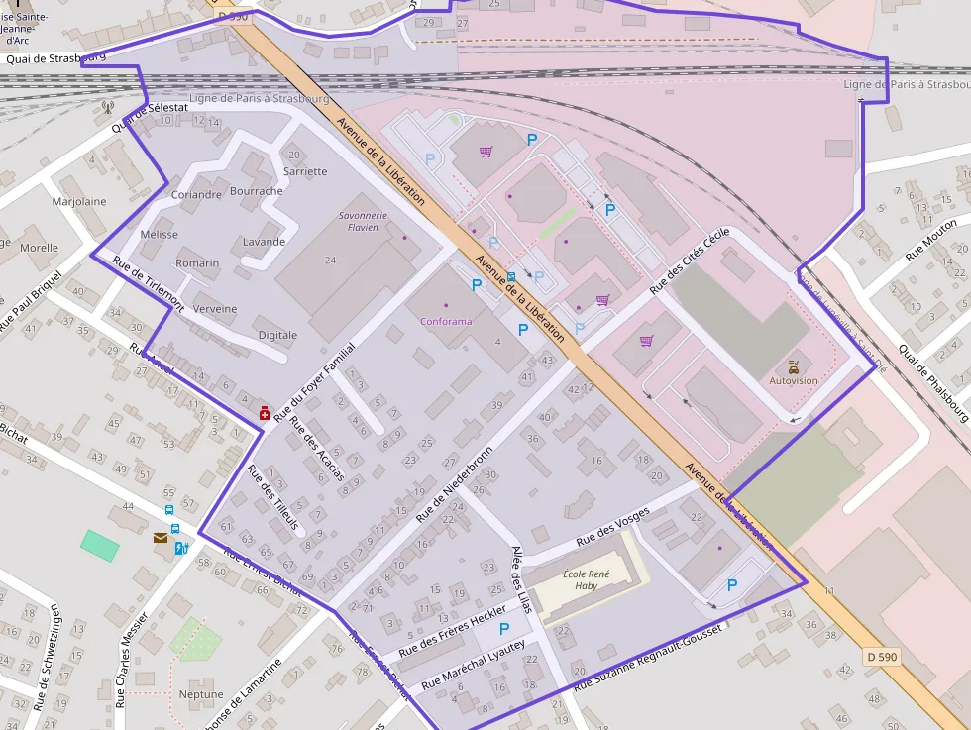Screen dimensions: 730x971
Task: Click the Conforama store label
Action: pos(446,322)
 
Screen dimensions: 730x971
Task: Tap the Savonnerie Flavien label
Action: pos(364,221)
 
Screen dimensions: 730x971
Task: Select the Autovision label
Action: pos(794,380)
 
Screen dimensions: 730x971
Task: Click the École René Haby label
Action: pos(587,579)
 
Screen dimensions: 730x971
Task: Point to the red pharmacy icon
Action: pos(265,413)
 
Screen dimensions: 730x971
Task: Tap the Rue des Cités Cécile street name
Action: pos(690,261)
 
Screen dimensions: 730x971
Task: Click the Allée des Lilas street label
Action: pos(520,579)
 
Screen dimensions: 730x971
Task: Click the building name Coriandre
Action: pos(196,195)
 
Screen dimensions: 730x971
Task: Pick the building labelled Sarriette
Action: pos(305,171)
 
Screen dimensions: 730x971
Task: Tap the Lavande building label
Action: pos(264,242)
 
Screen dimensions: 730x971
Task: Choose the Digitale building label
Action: pos(277,335)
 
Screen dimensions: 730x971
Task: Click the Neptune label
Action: pos(201,694)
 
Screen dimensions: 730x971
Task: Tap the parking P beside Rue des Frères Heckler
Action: pos(504,628)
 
